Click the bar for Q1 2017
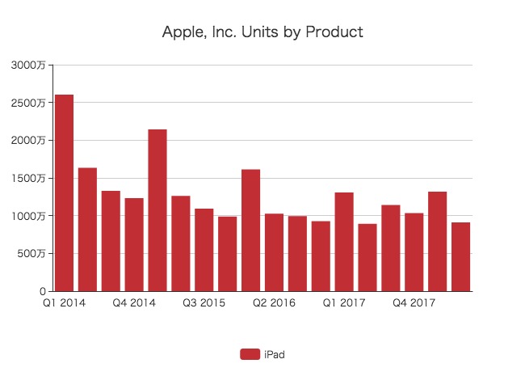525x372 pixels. (344, 242)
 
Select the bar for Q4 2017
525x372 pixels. (414, 252)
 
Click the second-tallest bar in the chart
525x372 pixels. (157, 210)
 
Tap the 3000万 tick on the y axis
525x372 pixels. (28, 65)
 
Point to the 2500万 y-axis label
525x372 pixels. (28, 103)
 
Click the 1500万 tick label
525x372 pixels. (28, 178)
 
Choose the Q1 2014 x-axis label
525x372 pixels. (64, 303)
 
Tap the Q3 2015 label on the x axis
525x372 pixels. (204, 303)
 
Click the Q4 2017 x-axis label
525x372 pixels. (414, 303)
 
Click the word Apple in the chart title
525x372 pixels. (181, 33)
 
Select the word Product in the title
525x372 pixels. (334, 33)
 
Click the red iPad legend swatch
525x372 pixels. (250, 353)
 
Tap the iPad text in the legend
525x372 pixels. (275, 353)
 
